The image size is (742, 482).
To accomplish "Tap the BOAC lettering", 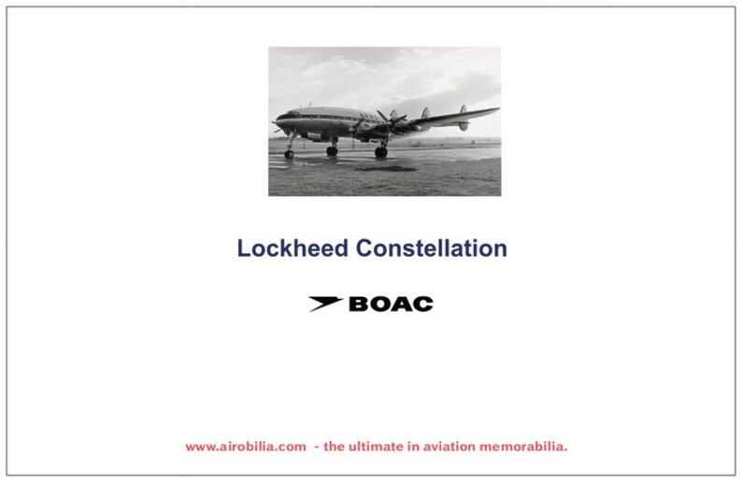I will (390, 304).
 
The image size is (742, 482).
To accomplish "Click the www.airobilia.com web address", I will (245, 447).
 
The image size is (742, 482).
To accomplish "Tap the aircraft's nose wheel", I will (289, 153).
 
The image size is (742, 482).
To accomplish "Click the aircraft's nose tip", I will (273, 121).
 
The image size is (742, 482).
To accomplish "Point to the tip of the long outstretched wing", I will (496, 110).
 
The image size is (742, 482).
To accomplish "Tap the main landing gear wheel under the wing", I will (380, 151).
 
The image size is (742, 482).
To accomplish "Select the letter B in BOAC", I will (359, 304).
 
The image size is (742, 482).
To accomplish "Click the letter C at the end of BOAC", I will (423, 304).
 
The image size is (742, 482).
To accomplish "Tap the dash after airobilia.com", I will (317, 447).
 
